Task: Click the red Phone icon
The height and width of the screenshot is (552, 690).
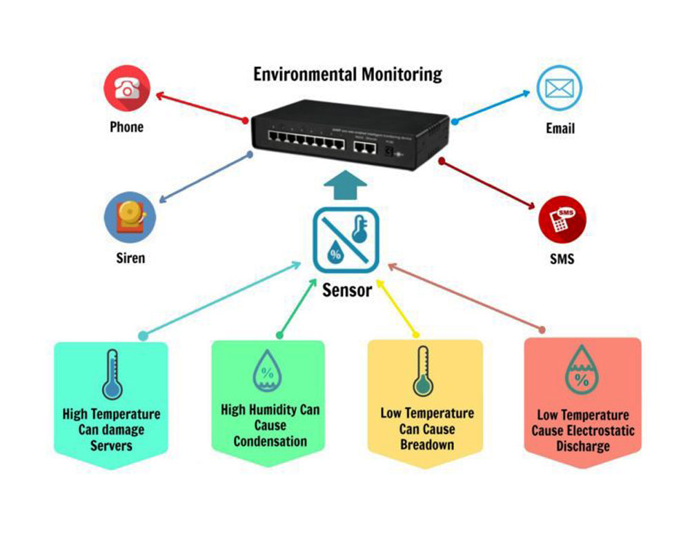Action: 127,88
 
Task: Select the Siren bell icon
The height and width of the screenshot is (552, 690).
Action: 130,216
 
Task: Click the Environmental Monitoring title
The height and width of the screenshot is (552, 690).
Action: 348,74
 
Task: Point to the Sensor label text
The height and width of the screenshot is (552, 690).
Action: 346,289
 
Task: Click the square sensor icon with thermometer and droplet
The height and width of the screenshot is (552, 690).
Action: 346,239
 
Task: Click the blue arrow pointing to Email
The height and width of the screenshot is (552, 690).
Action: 495,106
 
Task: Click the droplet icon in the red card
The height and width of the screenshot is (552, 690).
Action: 581,373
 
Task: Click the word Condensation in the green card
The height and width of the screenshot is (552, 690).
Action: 270,441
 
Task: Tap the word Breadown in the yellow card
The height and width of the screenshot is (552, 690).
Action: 427,444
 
